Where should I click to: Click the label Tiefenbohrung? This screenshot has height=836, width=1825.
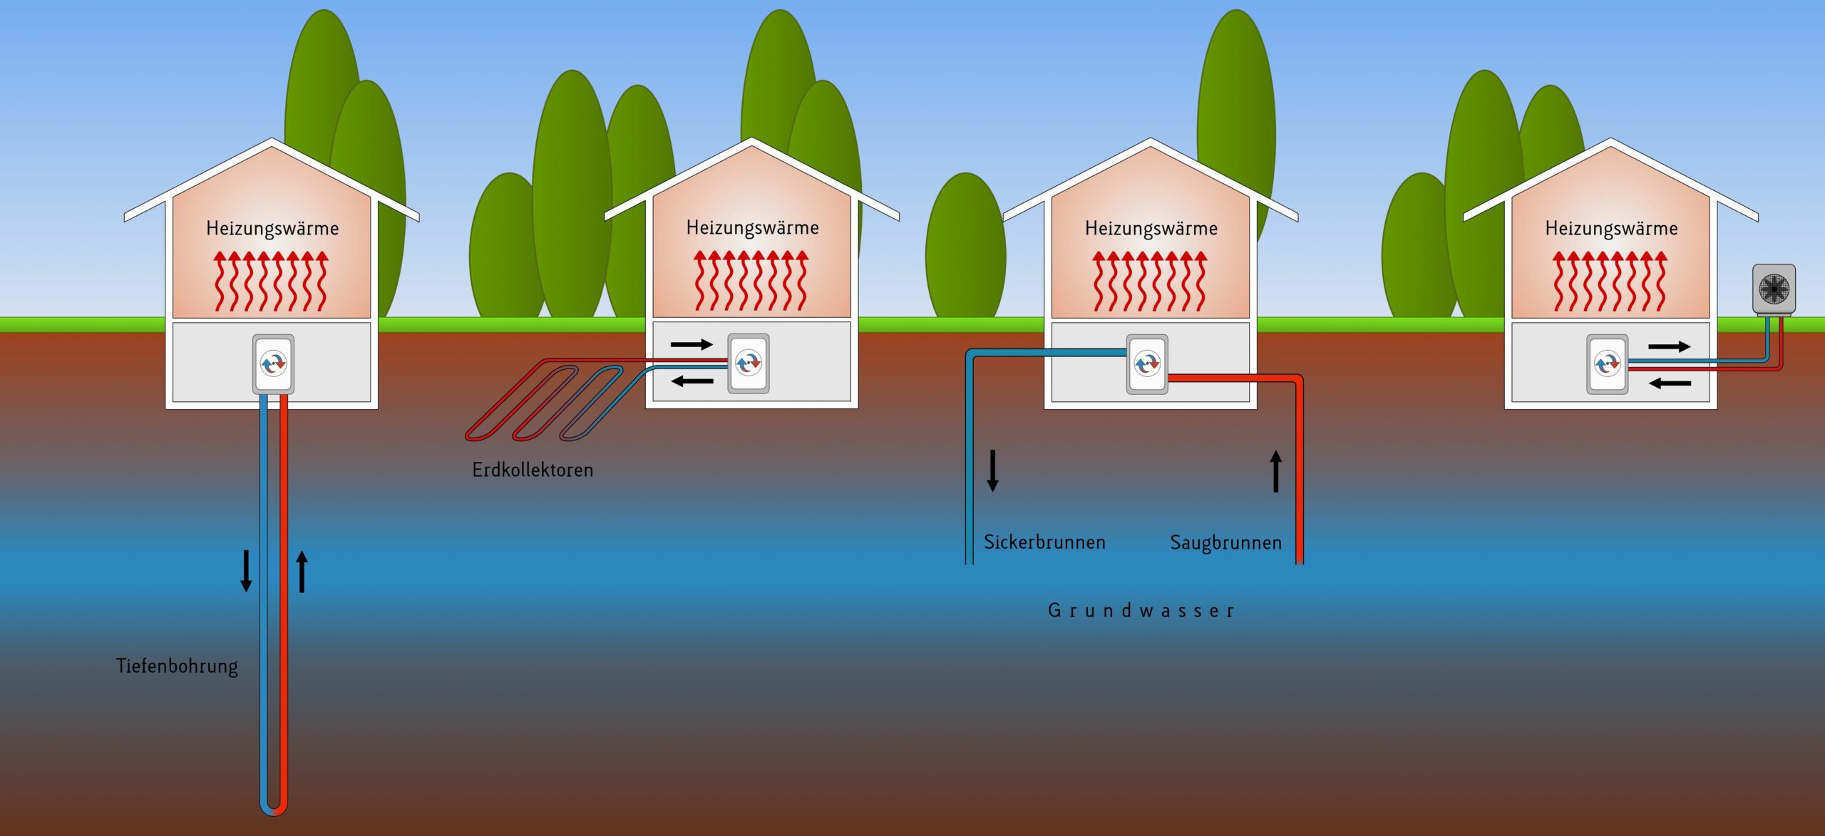[x=177, y=666]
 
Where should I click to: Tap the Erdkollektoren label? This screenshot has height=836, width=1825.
[x=533, y=470]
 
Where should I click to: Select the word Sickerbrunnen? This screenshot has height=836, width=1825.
[x=1044, y=542]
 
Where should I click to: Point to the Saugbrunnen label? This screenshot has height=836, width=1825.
[x=1225, y=543]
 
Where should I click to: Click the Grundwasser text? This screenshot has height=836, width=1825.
[x=1141, y=611]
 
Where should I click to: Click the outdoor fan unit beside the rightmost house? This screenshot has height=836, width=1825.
[x=1774, y=289]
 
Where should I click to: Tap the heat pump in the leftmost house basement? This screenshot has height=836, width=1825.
[x=273, y=363]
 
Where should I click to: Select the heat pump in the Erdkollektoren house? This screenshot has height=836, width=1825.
[x=748, y=363]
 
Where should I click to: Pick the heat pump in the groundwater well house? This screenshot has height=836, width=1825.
[x=1147, y=364]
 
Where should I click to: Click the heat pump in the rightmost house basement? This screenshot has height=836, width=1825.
[x=1607, y=364]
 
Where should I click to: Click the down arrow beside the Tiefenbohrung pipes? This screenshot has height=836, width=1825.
[x=246, y=571]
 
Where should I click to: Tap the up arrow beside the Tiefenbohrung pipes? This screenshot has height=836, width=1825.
[x=302, y=571]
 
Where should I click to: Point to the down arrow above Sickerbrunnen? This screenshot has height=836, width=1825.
[x=992, y=470]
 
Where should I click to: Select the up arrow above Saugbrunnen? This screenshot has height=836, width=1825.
[x=1276, y=471]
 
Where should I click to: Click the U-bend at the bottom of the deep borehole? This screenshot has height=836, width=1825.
[x=274, y=810]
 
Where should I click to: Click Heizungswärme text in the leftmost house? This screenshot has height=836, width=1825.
[x=272, y=229]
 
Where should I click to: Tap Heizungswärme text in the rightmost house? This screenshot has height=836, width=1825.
[x=1611, y=229]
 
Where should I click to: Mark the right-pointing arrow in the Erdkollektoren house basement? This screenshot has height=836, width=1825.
[x=692, y=345]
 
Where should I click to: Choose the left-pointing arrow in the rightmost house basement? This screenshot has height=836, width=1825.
[x=1670, y=383]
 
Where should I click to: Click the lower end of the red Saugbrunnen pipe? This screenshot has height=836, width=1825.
[x=1299, y=559]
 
